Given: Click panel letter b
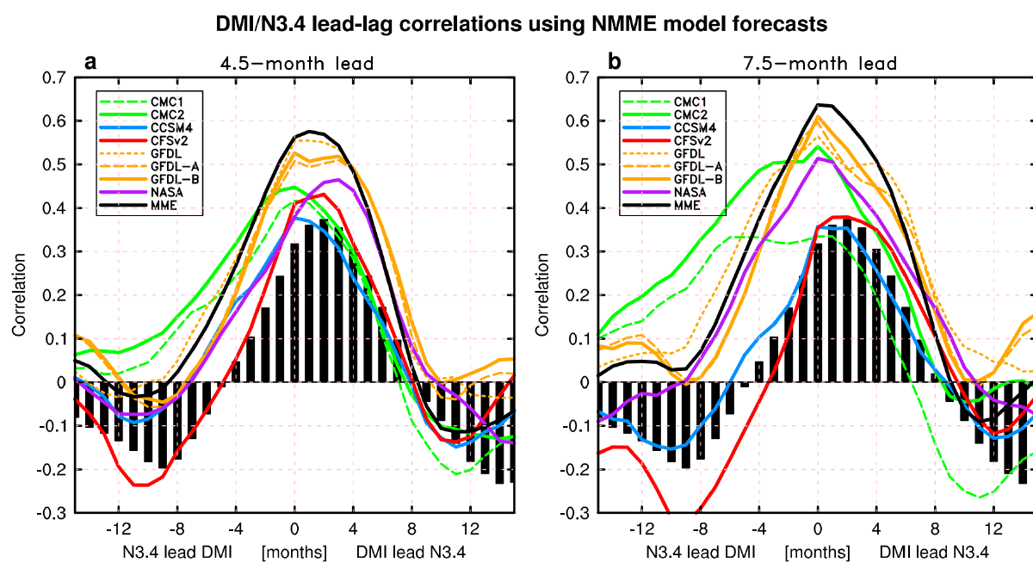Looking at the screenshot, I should (614, 62).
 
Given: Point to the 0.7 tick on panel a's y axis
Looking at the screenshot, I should (53, 78).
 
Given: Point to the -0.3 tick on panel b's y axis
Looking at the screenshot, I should (575, 514).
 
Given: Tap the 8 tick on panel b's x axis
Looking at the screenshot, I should (935, 528).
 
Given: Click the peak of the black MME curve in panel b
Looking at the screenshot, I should (818, 104).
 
